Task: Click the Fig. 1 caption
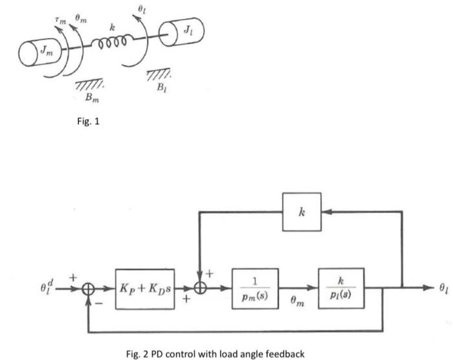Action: (x=86, y=121)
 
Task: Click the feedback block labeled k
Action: (x=302, y=211)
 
